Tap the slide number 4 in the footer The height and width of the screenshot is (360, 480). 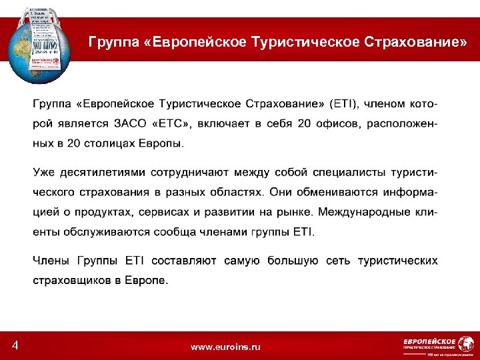(15, 345)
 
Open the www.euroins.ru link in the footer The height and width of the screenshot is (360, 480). (225, 347)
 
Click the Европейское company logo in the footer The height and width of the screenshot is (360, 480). (429, 345)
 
